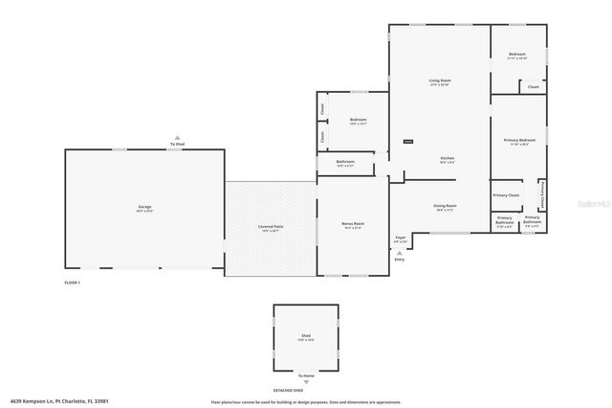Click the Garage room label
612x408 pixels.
point(144,206)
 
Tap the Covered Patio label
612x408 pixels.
point(271,226)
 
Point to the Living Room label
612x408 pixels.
point(439,79)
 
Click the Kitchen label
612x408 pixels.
point(447,157)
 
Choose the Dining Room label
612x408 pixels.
point(446,205)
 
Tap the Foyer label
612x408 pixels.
point(401,238)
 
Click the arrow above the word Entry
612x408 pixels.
point(400,253)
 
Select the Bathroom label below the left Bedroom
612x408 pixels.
point(346,162)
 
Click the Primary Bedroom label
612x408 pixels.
point(519,140)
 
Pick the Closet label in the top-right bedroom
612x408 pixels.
point(533,87)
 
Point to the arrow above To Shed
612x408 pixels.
point(177,138)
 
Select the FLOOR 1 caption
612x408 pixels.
point(72,283)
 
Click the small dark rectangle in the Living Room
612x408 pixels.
point(408,142)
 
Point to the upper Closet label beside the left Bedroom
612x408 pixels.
point(323,108)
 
